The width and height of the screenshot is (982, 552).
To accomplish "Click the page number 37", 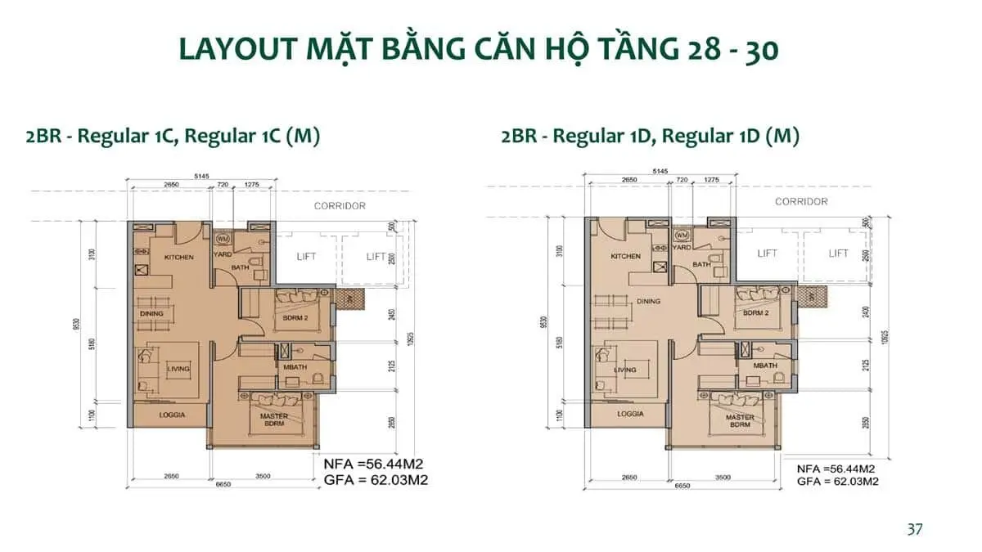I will (x=915, y=529).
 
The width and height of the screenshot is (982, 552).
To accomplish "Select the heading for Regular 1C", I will (x=173, y=136).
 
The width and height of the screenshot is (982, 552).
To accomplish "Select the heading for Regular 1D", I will (x=651, y=136).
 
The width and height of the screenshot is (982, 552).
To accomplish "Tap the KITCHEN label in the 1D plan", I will (x=626, y=257).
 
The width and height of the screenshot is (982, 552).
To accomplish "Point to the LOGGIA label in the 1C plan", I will (x=168, y=415).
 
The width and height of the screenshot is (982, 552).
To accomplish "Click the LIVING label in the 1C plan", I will (x=178, y=369).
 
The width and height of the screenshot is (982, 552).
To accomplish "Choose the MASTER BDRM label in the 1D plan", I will (x=740, y=421).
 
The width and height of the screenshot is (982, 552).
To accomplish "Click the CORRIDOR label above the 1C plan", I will (x=340, y=206).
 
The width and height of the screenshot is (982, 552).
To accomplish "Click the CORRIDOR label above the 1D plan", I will (x=800, y=201).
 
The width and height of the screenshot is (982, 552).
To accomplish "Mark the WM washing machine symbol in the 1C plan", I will (x=223, y=239).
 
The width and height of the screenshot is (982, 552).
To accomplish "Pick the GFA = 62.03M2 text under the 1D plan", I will (x=837, y=482).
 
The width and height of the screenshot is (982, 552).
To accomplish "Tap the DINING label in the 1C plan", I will (x=151, y=313).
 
